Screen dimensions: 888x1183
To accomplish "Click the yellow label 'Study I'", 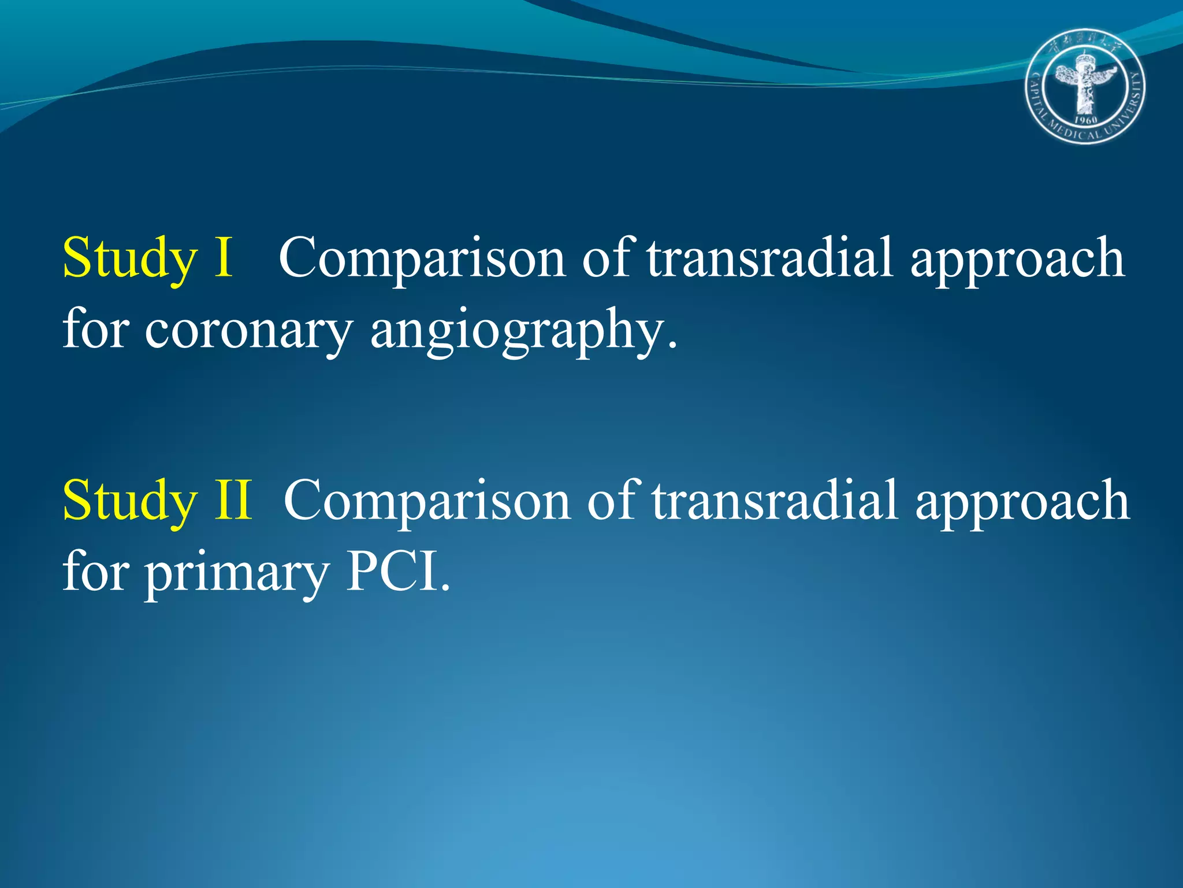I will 148,258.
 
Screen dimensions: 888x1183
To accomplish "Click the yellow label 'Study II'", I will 157,501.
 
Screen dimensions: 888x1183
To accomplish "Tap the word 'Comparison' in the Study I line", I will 422,258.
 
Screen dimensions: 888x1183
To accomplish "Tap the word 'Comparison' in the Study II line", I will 427,501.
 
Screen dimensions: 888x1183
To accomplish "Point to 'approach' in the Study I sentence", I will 1017,260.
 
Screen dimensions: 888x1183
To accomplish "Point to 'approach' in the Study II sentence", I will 1022,503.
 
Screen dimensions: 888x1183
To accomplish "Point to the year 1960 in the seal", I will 1085,120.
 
